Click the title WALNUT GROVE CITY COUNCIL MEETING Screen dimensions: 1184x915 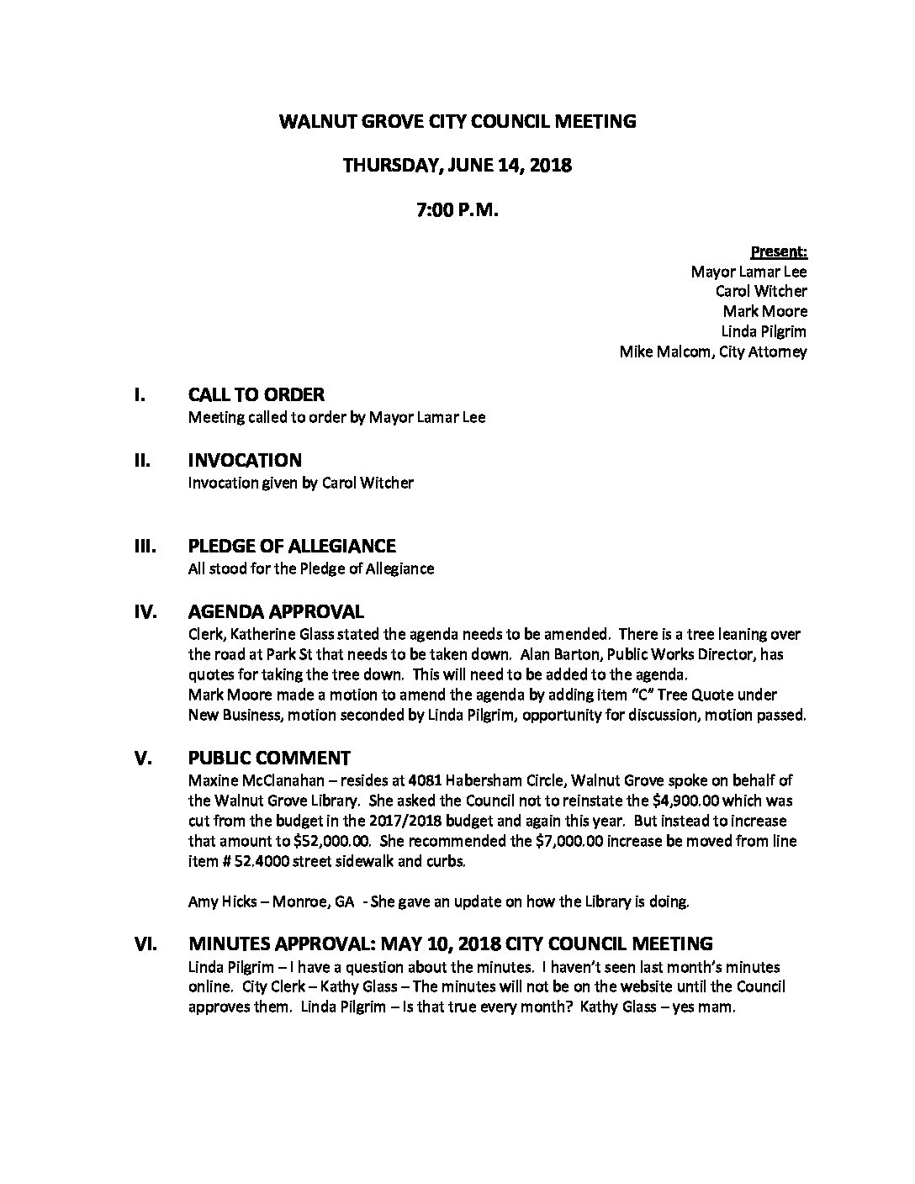[x=457, y=121]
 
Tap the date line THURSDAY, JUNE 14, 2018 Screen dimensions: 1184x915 [x=457, y=166]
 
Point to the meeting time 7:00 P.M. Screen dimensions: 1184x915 [x=457, y=211]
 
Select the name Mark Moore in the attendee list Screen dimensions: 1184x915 [x=765, y=311]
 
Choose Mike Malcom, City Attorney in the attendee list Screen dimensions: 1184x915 [x=712, y=351]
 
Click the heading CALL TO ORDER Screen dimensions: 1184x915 [x=256, y=394]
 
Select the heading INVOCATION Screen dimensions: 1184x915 [x=244, y=461]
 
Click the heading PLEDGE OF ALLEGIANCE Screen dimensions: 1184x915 [x=291, y=547]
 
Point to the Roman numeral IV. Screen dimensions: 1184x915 [x=145, y=612]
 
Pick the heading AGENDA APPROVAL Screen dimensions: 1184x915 [x=276, y=612]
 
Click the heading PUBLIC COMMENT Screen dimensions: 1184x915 [x=269, y=758]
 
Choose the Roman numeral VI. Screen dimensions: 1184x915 [x=145, y=944]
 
